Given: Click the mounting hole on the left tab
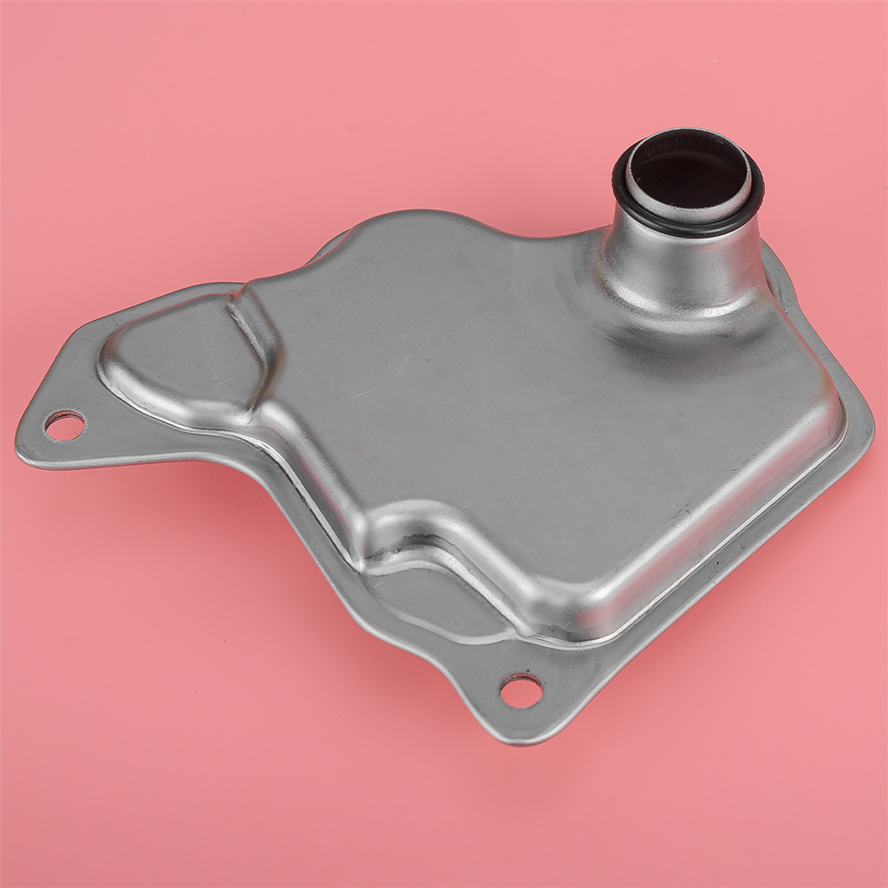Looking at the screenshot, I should pyautogui.click(x=65, y=425).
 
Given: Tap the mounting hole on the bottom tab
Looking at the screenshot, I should pyautogui.click(x=521, y=690).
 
